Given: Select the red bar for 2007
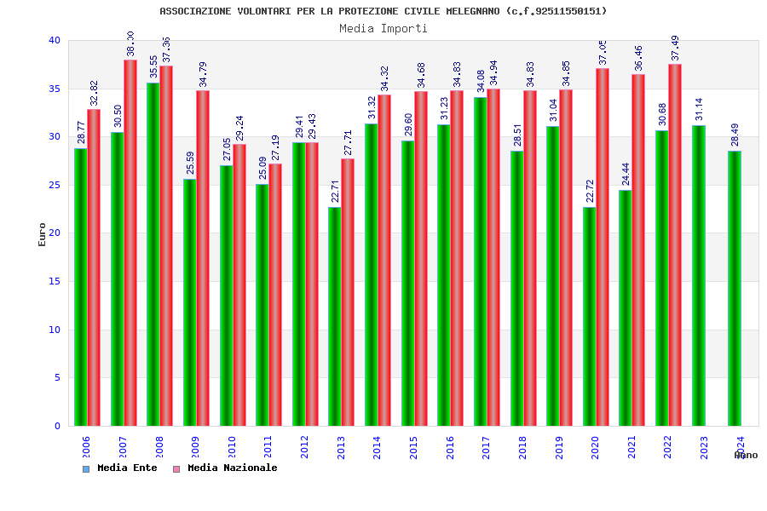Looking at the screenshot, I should tap(130, 243).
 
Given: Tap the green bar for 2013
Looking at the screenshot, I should tap(335, 316).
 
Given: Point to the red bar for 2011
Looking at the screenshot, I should tap(275, 295).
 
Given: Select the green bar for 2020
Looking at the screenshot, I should tap(590, 316).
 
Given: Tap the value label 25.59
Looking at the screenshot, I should tap(190, 164).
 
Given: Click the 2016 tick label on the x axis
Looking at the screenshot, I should tap(450, 448).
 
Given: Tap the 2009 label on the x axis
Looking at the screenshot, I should tap(196, 448).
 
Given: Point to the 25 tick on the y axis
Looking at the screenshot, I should tap(55, 185).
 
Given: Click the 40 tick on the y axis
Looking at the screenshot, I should tap(55, 40).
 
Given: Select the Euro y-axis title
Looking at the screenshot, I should tap(43, 234).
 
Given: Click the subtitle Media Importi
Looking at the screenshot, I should tap(383, 28).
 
